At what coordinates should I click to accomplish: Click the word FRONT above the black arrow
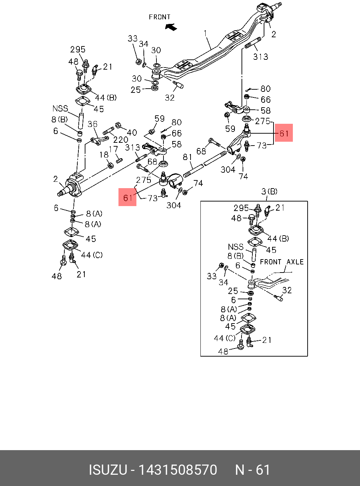(x=160, y=17)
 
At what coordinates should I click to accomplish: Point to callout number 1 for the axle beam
(x=206, y=33)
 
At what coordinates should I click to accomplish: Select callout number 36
(x=92, y=124)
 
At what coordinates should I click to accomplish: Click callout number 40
(x=132, y=133)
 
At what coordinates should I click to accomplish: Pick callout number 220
(x=121, y=140)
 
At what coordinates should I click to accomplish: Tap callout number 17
(x=113, y=149)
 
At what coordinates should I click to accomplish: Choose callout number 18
(x=104, y=155)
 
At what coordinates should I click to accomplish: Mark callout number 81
(x=187, y=157)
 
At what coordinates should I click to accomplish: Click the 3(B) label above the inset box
(x=269, y=192)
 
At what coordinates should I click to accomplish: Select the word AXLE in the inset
(x=295, y=262)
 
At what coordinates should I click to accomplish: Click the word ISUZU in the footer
(x=108, y=470)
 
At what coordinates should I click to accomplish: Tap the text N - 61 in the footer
(x=252, y=470)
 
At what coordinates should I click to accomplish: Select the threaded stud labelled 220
(x=108, y=132)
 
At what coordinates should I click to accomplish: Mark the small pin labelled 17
(x=119, y=161)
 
